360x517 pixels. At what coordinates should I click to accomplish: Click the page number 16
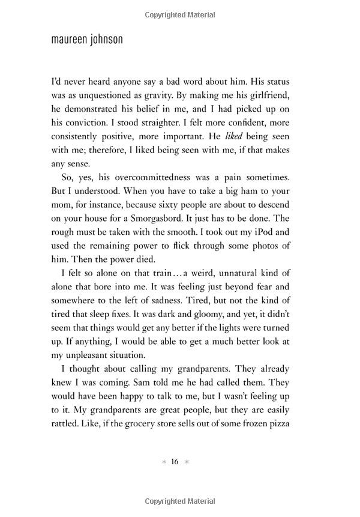point(175,462)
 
